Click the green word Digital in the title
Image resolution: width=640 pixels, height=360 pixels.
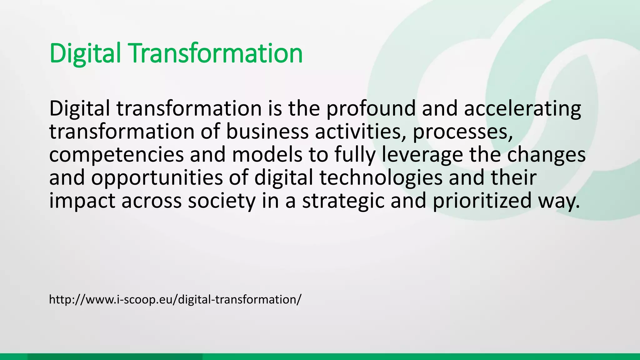(x=85, y=54)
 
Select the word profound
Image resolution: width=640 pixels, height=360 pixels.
(x=371, y=109)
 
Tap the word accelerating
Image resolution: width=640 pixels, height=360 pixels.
(x=522, y=109)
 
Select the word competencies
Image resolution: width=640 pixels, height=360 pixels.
(x=117, y=155)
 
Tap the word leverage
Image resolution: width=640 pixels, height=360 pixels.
(x=422, y=155)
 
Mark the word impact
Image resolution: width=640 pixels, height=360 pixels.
(x=82, y=201)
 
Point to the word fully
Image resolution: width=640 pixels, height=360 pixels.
(x=355, y=155)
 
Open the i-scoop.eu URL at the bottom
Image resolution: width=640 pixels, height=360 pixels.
(x=175, y=299)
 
